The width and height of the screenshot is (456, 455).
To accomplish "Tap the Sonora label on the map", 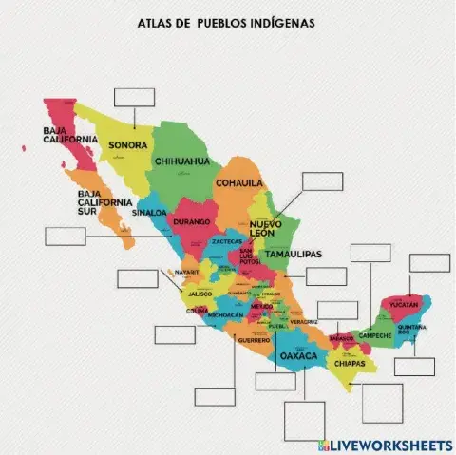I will point(127,145).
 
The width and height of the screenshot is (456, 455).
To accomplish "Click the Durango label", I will point(191,220).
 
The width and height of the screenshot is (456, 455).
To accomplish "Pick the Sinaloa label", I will point(150,213).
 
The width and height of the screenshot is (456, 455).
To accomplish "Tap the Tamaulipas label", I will point(292,255).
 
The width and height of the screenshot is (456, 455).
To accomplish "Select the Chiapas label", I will point(350,363).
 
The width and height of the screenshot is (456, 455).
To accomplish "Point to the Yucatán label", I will point(404,305).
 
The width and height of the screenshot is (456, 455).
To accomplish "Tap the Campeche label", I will point(374,335).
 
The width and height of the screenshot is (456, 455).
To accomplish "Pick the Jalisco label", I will point(199,294).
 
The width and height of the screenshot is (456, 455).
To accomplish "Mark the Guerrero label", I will point(254,339).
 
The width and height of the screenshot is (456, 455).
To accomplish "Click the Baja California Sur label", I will point(104,202).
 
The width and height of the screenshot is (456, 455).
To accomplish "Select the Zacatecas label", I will point(227,241).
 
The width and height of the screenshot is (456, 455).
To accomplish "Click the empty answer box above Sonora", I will point(133,97).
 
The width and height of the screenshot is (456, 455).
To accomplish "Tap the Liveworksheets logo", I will point(385,445).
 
